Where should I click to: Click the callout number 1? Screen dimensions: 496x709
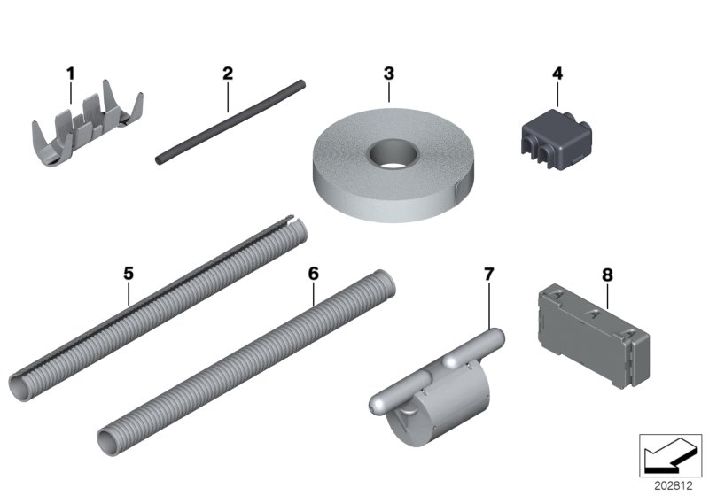tap(71, 73)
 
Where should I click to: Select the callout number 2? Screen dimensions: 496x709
tap(228, 73)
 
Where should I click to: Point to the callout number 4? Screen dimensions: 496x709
tap(557, 73)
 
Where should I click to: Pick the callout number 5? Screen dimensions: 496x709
tap(129, 273)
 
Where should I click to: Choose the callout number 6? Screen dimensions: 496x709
tap(313, 273)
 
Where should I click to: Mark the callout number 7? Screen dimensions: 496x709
tap(487, 273)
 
